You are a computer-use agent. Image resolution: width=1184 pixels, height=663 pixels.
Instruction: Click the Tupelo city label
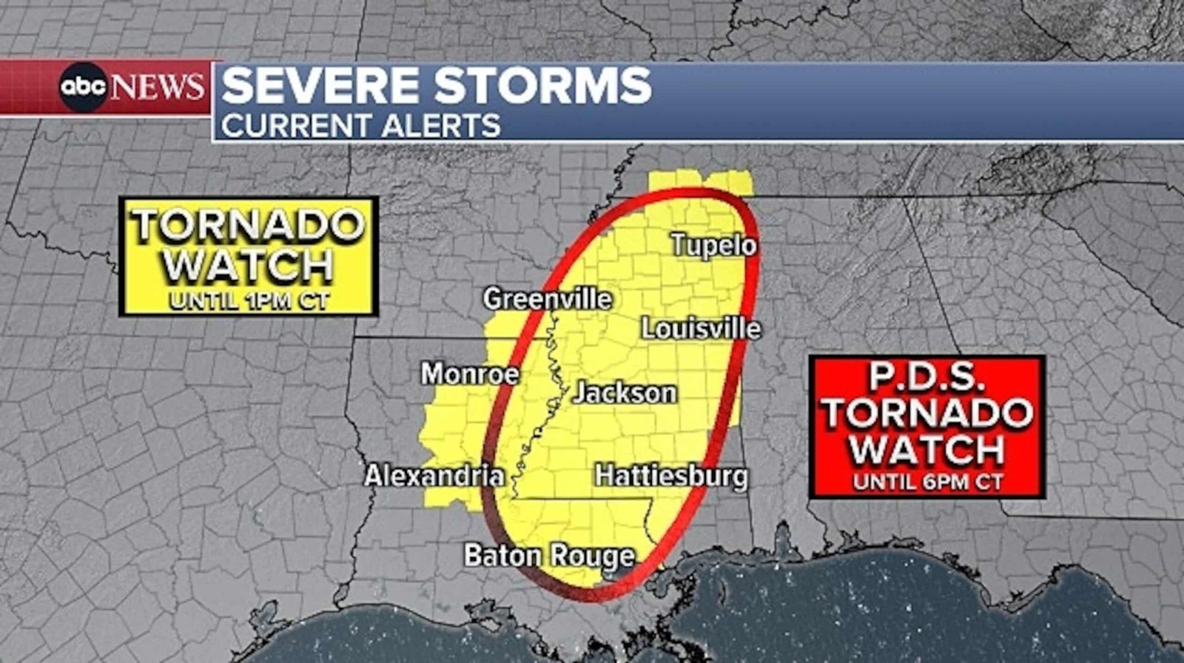[713, 245]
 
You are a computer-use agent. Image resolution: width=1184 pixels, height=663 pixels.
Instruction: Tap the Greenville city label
[548, 299]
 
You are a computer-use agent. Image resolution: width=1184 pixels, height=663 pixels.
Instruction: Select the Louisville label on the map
[700, 328]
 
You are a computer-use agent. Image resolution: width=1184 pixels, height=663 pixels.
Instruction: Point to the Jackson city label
[625, 393]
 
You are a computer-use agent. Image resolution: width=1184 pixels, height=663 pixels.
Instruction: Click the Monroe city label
[470, 373]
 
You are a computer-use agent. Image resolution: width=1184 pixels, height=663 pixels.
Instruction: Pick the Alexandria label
[434, 476]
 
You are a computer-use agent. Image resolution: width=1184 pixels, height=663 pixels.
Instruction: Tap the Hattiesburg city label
[671, 476]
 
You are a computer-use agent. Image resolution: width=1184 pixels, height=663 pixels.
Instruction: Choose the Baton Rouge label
[549, 556]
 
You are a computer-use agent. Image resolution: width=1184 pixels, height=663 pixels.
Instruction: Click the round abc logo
[84, 87]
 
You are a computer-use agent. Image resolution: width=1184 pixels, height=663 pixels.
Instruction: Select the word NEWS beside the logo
[157, 87]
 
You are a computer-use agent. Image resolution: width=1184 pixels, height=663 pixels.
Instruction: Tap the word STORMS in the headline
[542, 85]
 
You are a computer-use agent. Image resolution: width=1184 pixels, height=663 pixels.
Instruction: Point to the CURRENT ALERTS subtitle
[360, 125]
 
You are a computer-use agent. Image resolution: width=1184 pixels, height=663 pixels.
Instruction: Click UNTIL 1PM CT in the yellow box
[249, 301]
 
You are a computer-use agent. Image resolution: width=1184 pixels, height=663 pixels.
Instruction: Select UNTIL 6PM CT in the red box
[927, 482]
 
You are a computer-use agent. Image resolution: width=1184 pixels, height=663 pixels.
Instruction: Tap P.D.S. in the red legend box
[926, 376]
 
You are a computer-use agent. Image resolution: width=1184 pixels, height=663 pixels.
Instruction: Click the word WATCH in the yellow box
[249, 264]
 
